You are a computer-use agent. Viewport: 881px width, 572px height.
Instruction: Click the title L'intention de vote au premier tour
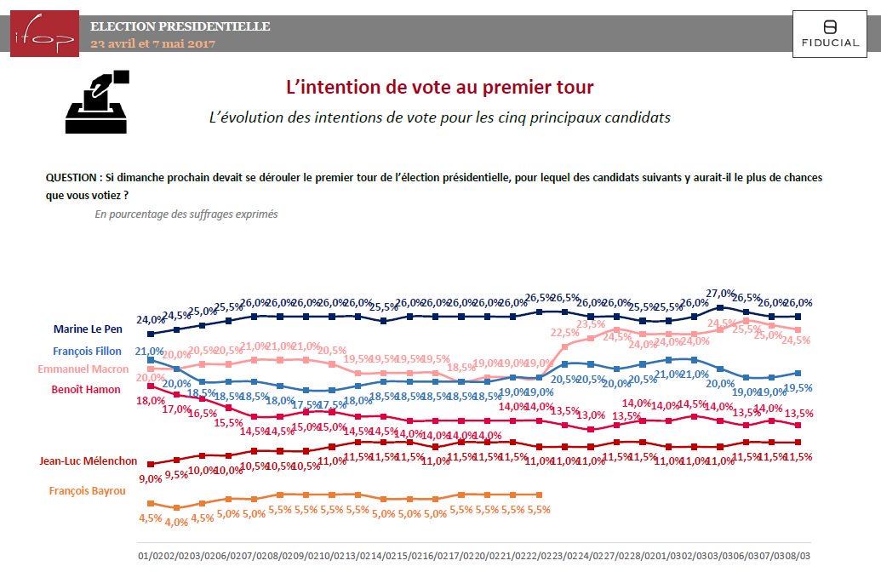tap(439, 87)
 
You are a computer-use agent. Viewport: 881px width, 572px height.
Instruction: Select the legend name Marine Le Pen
tap(88, 328)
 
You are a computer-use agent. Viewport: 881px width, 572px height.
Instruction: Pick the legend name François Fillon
tap(87, 351)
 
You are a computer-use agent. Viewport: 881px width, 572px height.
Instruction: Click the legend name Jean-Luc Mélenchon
tap(88, 461)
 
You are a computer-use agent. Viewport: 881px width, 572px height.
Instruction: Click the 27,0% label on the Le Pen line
tap(720, 294)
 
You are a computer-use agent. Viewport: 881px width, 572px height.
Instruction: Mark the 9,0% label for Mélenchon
tap(149, 478)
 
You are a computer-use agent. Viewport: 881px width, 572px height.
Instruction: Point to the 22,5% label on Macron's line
tap(564, 333)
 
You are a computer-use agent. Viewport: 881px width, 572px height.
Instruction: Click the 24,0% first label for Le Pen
tap(149, 320)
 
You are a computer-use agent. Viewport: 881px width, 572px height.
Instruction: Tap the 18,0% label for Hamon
tap(151, 400)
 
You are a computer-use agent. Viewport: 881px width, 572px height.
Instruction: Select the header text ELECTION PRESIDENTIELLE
tap(180, 26)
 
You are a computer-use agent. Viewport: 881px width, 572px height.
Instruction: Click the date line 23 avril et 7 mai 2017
tap(153, 43)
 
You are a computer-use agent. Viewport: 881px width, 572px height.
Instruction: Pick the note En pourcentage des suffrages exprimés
tap(186, 214)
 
